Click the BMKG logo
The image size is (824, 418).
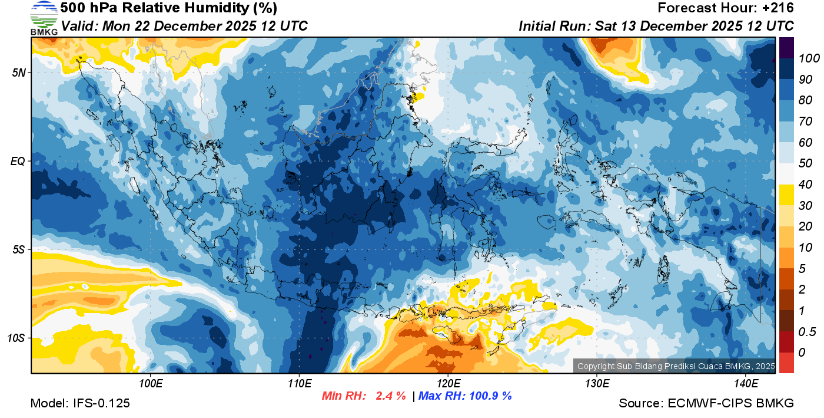click(x=44, y=18)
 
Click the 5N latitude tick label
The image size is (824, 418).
click(x=19, y=73)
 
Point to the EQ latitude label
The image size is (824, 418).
click(x=18, y=161)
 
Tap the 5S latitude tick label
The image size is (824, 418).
click(x=19, y=249)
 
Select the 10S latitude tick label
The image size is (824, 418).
click(x=16, y=338)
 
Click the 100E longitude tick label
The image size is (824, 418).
click(x=151, y=384)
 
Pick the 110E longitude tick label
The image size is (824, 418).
click(x=299, y=384)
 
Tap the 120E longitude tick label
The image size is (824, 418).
click(x=448, y=384)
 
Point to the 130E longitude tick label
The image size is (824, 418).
click(x=597, y=384)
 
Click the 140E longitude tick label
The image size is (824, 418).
click(x=746, y=384)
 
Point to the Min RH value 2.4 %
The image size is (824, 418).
click(x=390, y=396)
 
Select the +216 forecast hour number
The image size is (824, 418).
click(x=778, y=8)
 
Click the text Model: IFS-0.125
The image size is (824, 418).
click(x=80, y=403)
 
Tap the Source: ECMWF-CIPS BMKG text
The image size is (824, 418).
click(x=706, y=403)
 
